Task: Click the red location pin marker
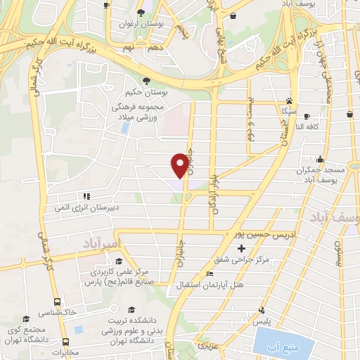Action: (x=180, y=165)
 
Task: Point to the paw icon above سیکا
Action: (x=289, y=101)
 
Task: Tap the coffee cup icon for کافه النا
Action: (x=326, y=117)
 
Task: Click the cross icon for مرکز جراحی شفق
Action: (x=242, y=249)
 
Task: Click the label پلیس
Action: (x=262, y=321)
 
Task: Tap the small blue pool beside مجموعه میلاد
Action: (x=125, y=129)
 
